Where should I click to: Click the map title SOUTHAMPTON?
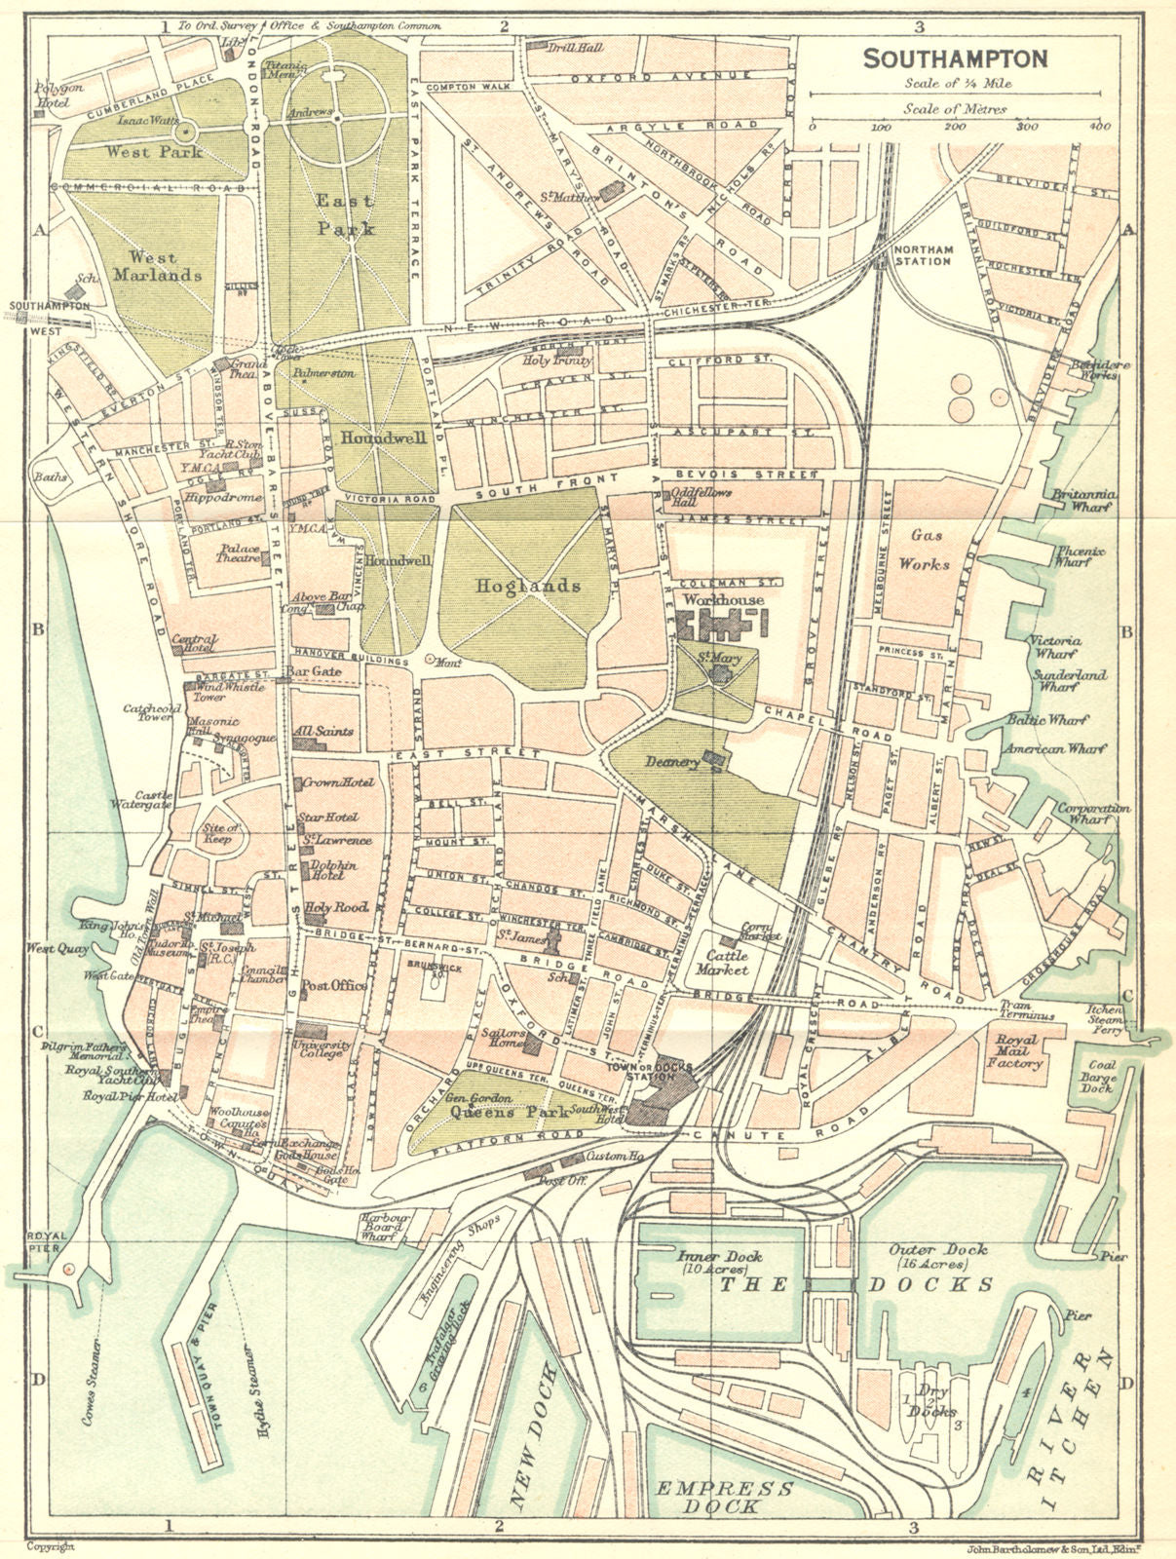pyautogui.click(x=956, y=58)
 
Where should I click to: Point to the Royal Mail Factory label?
pyautogui.click(x=1019, y=1051)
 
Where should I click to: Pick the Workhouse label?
pyautogui.click(x=723, y=599)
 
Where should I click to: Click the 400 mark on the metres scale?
pyautogui.click(x=1099, y=128)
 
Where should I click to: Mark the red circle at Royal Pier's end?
pyautogui.click(x=66, y=1271)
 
